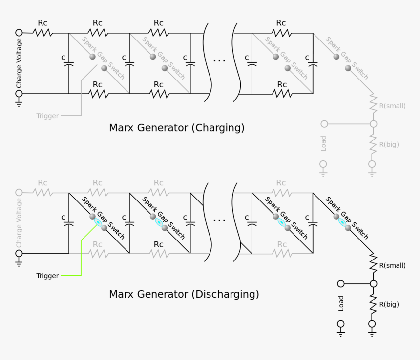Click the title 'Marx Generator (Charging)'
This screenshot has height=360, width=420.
pyautogui.click(x=176, y=128)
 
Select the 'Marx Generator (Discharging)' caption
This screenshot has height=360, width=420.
pyautogui.click(x=184, y=294)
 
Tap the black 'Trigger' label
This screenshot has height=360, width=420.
pyautogui.click(x=47, y=276)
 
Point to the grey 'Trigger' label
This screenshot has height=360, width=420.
pyautogui.click(x=47, y=116)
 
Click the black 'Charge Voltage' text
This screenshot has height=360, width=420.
pyautogui.click(x=19, y=63)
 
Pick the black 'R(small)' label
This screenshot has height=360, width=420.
pyautogui.click(x=392, y=266)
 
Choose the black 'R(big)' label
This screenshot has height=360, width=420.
pyautogui.click(x=389, y=304)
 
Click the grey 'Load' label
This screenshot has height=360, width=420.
pyautogui.click(x=323, y=143)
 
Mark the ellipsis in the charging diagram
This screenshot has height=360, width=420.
pyautogui.click(x=219, y=60)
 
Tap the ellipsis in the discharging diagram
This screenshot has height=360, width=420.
pyautogui.click(x=219, y=220)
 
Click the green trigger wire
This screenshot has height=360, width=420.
pyautogui.click(x=81, y=254)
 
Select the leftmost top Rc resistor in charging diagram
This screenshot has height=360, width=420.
pyautogui.click(x=43, y=33)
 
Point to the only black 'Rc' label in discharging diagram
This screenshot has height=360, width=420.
pyautogui.click(x=158, y=244)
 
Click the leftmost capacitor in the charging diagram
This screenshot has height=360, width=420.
pyautogui.click(x=69, y=63)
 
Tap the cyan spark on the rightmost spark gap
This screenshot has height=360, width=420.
pyautogui.click(x=342, y=222)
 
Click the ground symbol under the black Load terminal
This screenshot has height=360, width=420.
pyautogui.click(x=341, y=332)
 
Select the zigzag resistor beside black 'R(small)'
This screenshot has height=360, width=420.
pyautogui.click(x=373, y=261)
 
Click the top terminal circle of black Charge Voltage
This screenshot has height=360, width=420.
pyautogui.click(x=19, y=33)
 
